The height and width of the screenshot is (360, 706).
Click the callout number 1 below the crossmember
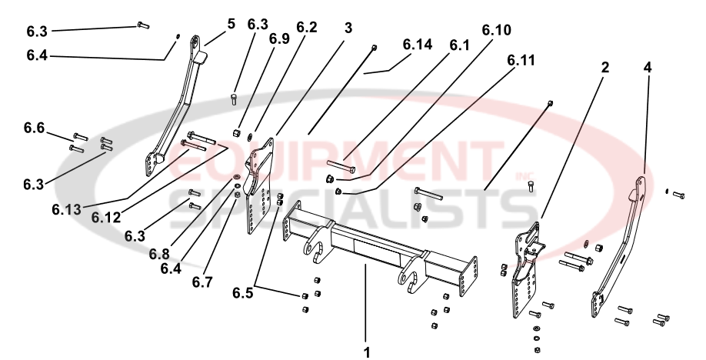367,352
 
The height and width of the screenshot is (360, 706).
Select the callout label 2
605,68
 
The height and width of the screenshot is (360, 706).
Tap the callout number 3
348,28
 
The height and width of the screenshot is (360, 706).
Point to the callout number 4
648,68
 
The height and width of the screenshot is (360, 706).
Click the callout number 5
231,24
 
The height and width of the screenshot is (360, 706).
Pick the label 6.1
460,45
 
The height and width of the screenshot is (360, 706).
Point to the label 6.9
279,38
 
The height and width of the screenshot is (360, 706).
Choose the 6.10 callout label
496,30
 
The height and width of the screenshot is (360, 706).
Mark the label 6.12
106,217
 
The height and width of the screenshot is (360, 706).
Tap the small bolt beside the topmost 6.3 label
142,25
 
